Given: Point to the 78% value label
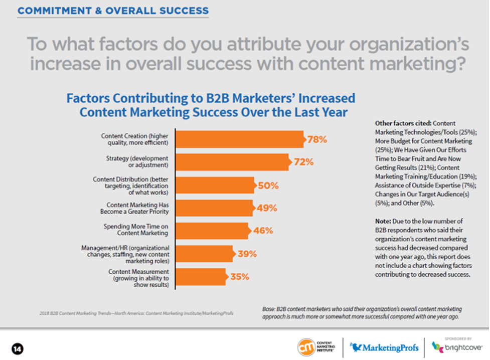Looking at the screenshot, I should point(317,139).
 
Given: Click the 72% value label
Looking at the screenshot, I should point(303,162).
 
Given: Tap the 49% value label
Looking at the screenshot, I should point(267,208).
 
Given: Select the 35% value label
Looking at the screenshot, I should point(239,276).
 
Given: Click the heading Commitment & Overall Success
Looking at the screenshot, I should point(113,11).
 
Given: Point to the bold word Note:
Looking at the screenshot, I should point(384,221).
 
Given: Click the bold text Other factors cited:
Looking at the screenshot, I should point(403,123).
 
